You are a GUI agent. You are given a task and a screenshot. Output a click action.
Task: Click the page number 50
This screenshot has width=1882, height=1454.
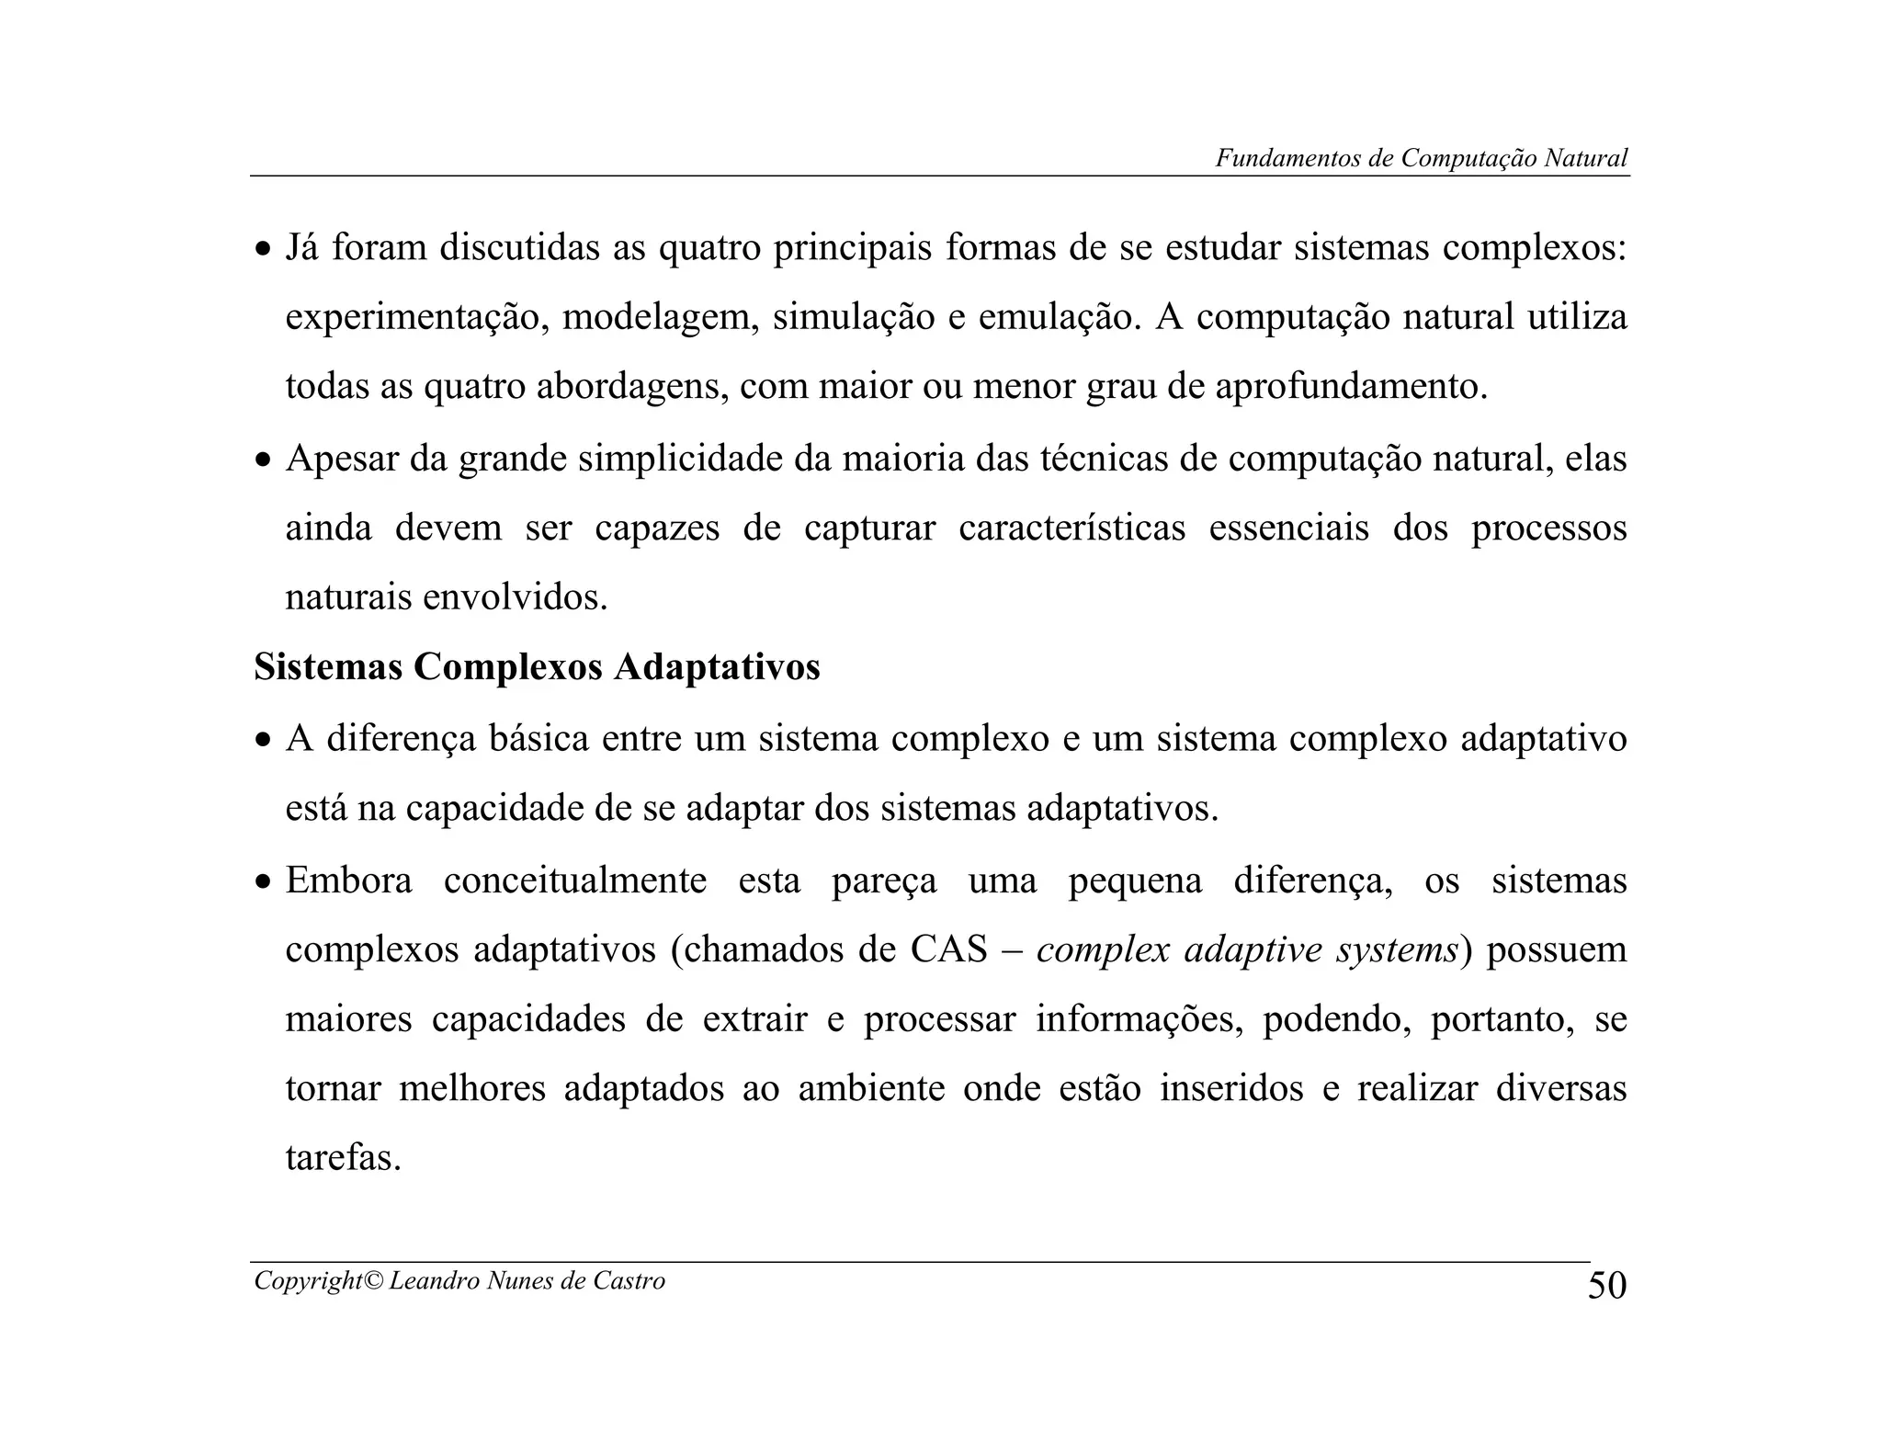point(1606,1285)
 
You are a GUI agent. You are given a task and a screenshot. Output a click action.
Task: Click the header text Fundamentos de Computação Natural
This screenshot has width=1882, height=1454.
point(1421,158)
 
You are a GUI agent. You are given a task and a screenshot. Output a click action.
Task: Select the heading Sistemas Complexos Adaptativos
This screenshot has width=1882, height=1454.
point(537,667)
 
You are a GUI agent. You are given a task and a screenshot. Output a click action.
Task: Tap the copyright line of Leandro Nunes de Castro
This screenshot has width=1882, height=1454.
point(459,1281)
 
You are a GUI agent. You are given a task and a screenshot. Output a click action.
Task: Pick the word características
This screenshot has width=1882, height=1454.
point(1071,528)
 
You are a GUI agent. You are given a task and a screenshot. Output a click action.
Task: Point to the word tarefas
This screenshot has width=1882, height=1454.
point(343,1158)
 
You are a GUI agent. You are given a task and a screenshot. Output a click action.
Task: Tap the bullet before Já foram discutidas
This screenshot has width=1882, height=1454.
point(264,250)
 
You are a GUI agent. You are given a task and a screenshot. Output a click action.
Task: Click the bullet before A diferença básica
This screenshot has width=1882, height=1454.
point(264,741)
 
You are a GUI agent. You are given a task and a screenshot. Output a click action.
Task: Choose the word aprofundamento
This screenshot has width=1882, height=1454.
point(1350,388)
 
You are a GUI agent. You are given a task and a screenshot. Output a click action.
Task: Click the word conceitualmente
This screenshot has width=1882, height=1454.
point(575,880)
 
